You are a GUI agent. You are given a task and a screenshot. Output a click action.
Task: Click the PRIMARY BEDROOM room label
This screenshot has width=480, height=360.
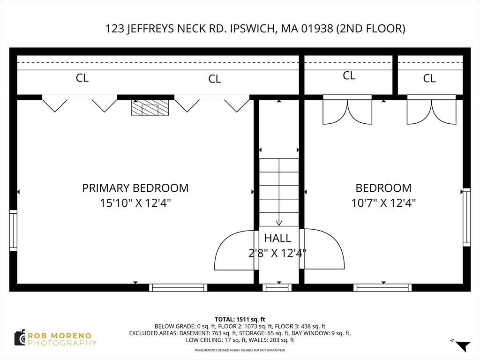pos(135,187)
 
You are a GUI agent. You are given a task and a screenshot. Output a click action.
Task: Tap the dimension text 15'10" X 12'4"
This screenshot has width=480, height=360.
pos(135,202)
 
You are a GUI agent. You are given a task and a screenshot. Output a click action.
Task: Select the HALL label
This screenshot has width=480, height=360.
pos(277,238)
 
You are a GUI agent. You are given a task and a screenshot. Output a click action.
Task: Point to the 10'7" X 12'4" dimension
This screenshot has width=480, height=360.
pos(383,202)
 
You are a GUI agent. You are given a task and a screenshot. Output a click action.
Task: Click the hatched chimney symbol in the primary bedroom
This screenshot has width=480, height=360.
pos(150,108)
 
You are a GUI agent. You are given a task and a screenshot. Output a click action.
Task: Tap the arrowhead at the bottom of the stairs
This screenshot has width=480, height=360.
pos(279,223)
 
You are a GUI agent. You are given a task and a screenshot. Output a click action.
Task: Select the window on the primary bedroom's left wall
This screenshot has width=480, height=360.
pos(13,231)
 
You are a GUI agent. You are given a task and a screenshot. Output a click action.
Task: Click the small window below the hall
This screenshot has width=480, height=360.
pos(277,287)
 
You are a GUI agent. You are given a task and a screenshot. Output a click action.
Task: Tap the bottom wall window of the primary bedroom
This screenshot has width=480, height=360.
pos(178,287)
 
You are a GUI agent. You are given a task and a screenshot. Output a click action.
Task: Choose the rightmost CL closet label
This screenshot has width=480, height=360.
pos(429,78)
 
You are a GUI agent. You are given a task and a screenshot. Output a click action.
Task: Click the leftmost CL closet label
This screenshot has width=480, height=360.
pos(82,78)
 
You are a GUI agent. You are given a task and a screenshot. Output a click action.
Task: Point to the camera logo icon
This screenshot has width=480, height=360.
pos(20,338)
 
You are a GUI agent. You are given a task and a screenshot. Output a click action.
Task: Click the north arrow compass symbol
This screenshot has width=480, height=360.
pos(462,345)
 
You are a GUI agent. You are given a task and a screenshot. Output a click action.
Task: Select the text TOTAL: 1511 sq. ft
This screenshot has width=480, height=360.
pos(240,320)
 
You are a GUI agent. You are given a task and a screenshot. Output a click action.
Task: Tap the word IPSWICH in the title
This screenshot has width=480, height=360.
pos(252,29)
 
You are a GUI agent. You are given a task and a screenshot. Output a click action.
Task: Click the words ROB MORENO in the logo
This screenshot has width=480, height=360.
pos(60,336)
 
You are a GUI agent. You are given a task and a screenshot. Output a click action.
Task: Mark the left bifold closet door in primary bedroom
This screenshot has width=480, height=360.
pos(80,104)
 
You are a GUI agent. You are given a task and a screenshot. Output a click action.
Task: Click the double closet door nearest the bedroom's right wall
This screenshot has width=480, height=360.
pos(431,110)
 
